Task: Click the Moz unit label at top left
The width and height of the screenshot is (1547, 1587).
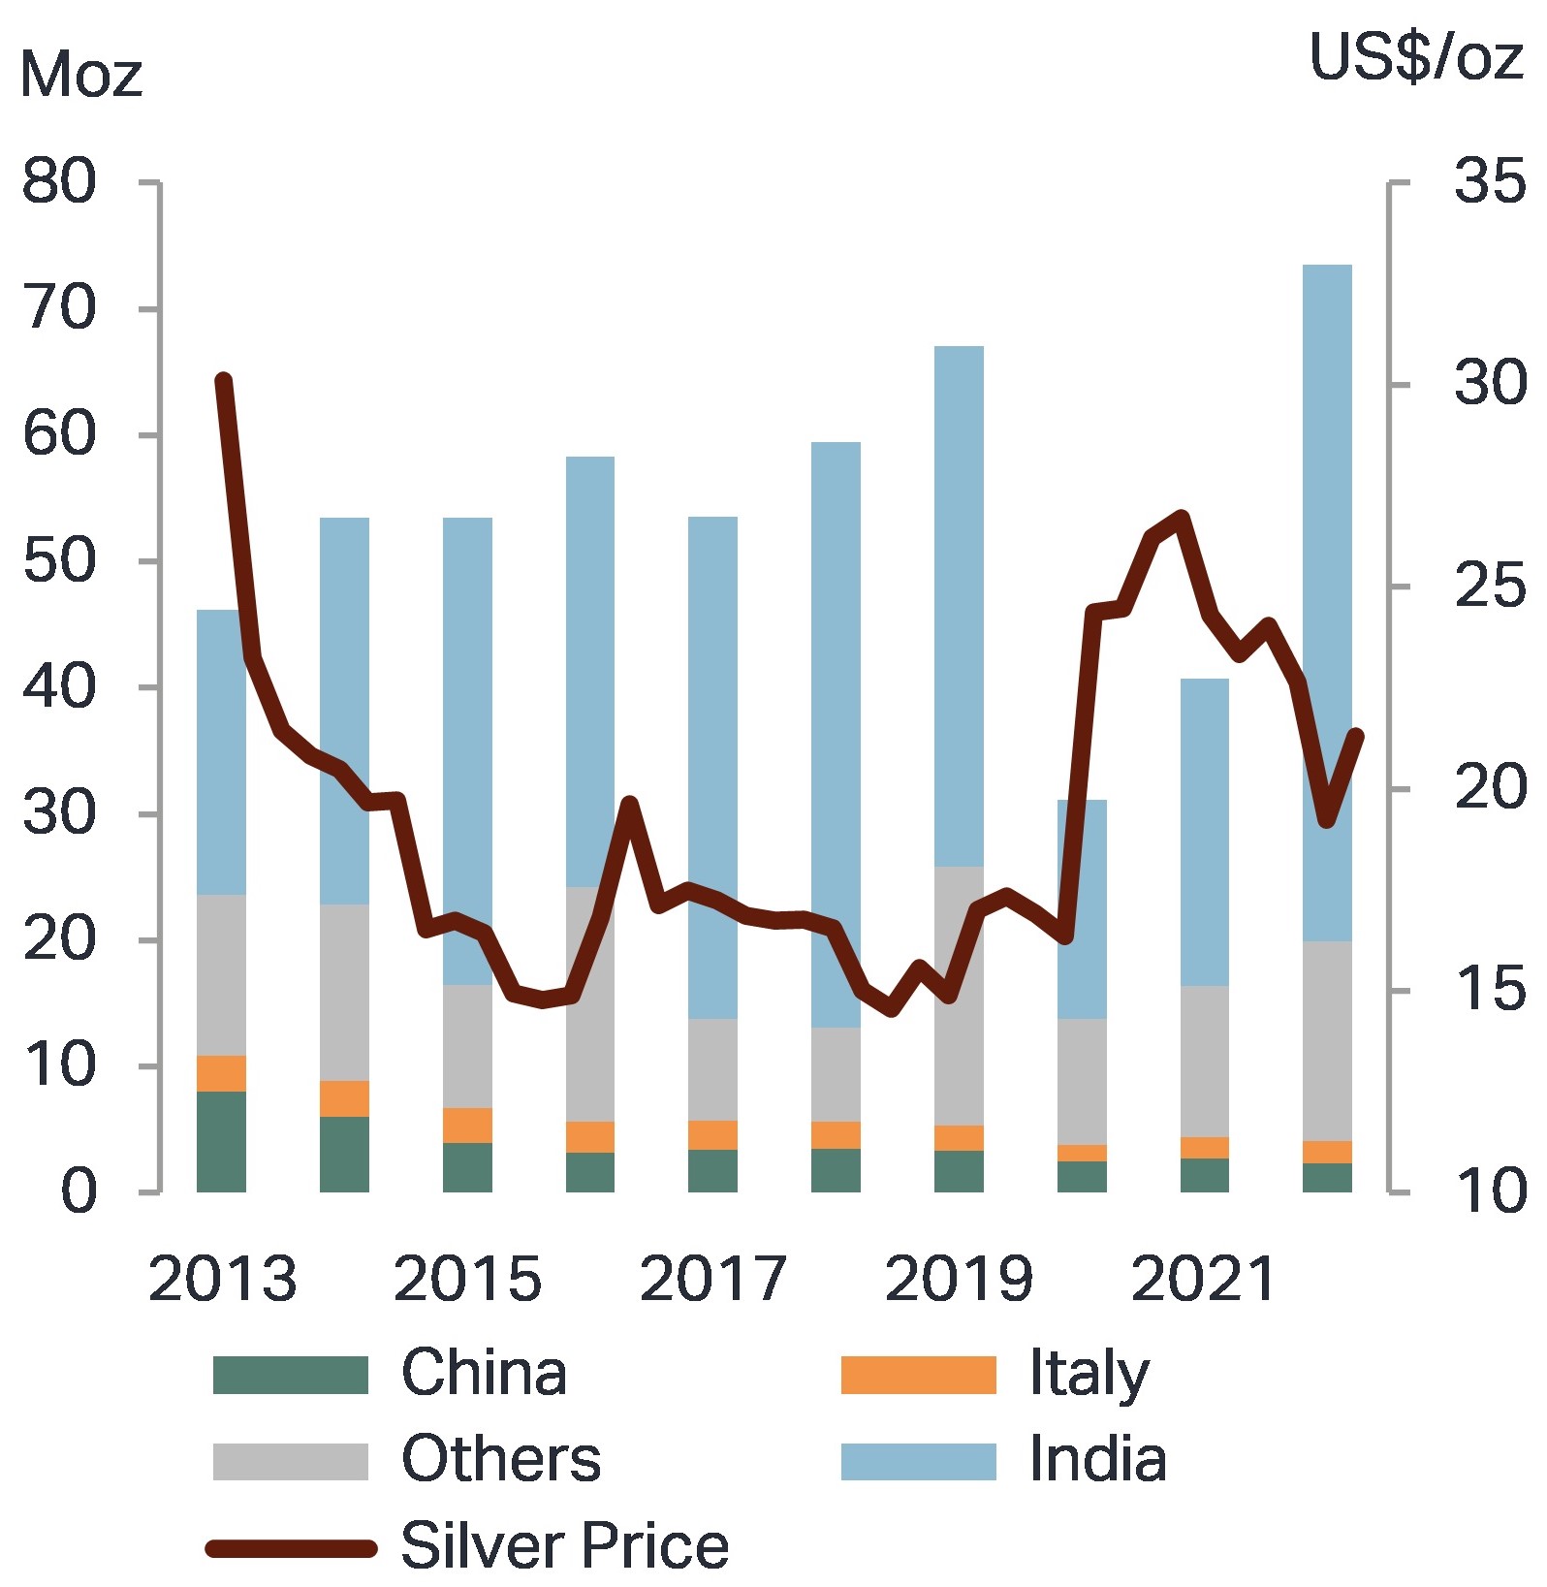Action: tap(80, 75)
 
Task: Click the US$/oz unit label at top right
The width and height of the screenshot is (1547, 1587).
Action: tap(1415, 57)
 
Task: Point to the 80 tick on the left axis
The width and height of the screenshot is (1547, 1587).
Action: tap(59, 181)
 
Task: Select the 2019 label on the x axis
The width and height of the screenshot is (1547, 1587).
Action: tap(958, 1279)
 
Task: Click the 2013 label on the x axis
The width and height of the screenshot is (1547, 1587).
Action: tap(222, 1279)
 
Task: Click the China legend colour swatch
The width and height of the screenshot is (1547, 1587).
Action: tap(290, 1375)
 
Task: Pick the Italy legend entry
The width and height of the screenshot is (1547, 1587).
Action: tap(1089, 1375)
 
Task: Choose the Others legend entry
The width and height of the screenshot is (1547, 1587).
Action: tap(500, 1460)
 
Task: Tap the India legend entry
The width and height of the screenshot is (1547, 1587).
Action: tap(1097, 1460)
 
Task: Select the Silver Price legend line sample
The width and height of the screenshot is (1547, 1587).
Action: tap(291, 1548)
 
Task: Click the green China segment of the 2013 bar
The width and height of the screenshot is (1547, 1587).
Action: tap(221, 1141)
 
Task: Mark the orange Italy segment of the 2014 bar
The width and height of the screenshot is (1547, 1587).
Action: tap(344, 1098)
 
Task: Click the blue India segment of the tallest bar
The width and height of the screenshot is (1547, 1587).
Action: tap(1327, 485)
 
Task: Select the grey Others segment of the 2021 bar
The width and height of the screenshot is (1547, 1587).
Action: tap(1204, 1062)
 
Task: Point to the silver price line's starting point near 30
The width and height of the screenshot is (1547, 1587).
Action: tap(223, 381)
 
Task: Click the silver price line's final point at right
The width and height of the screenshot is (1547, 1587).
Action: tap(1356, 736)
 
